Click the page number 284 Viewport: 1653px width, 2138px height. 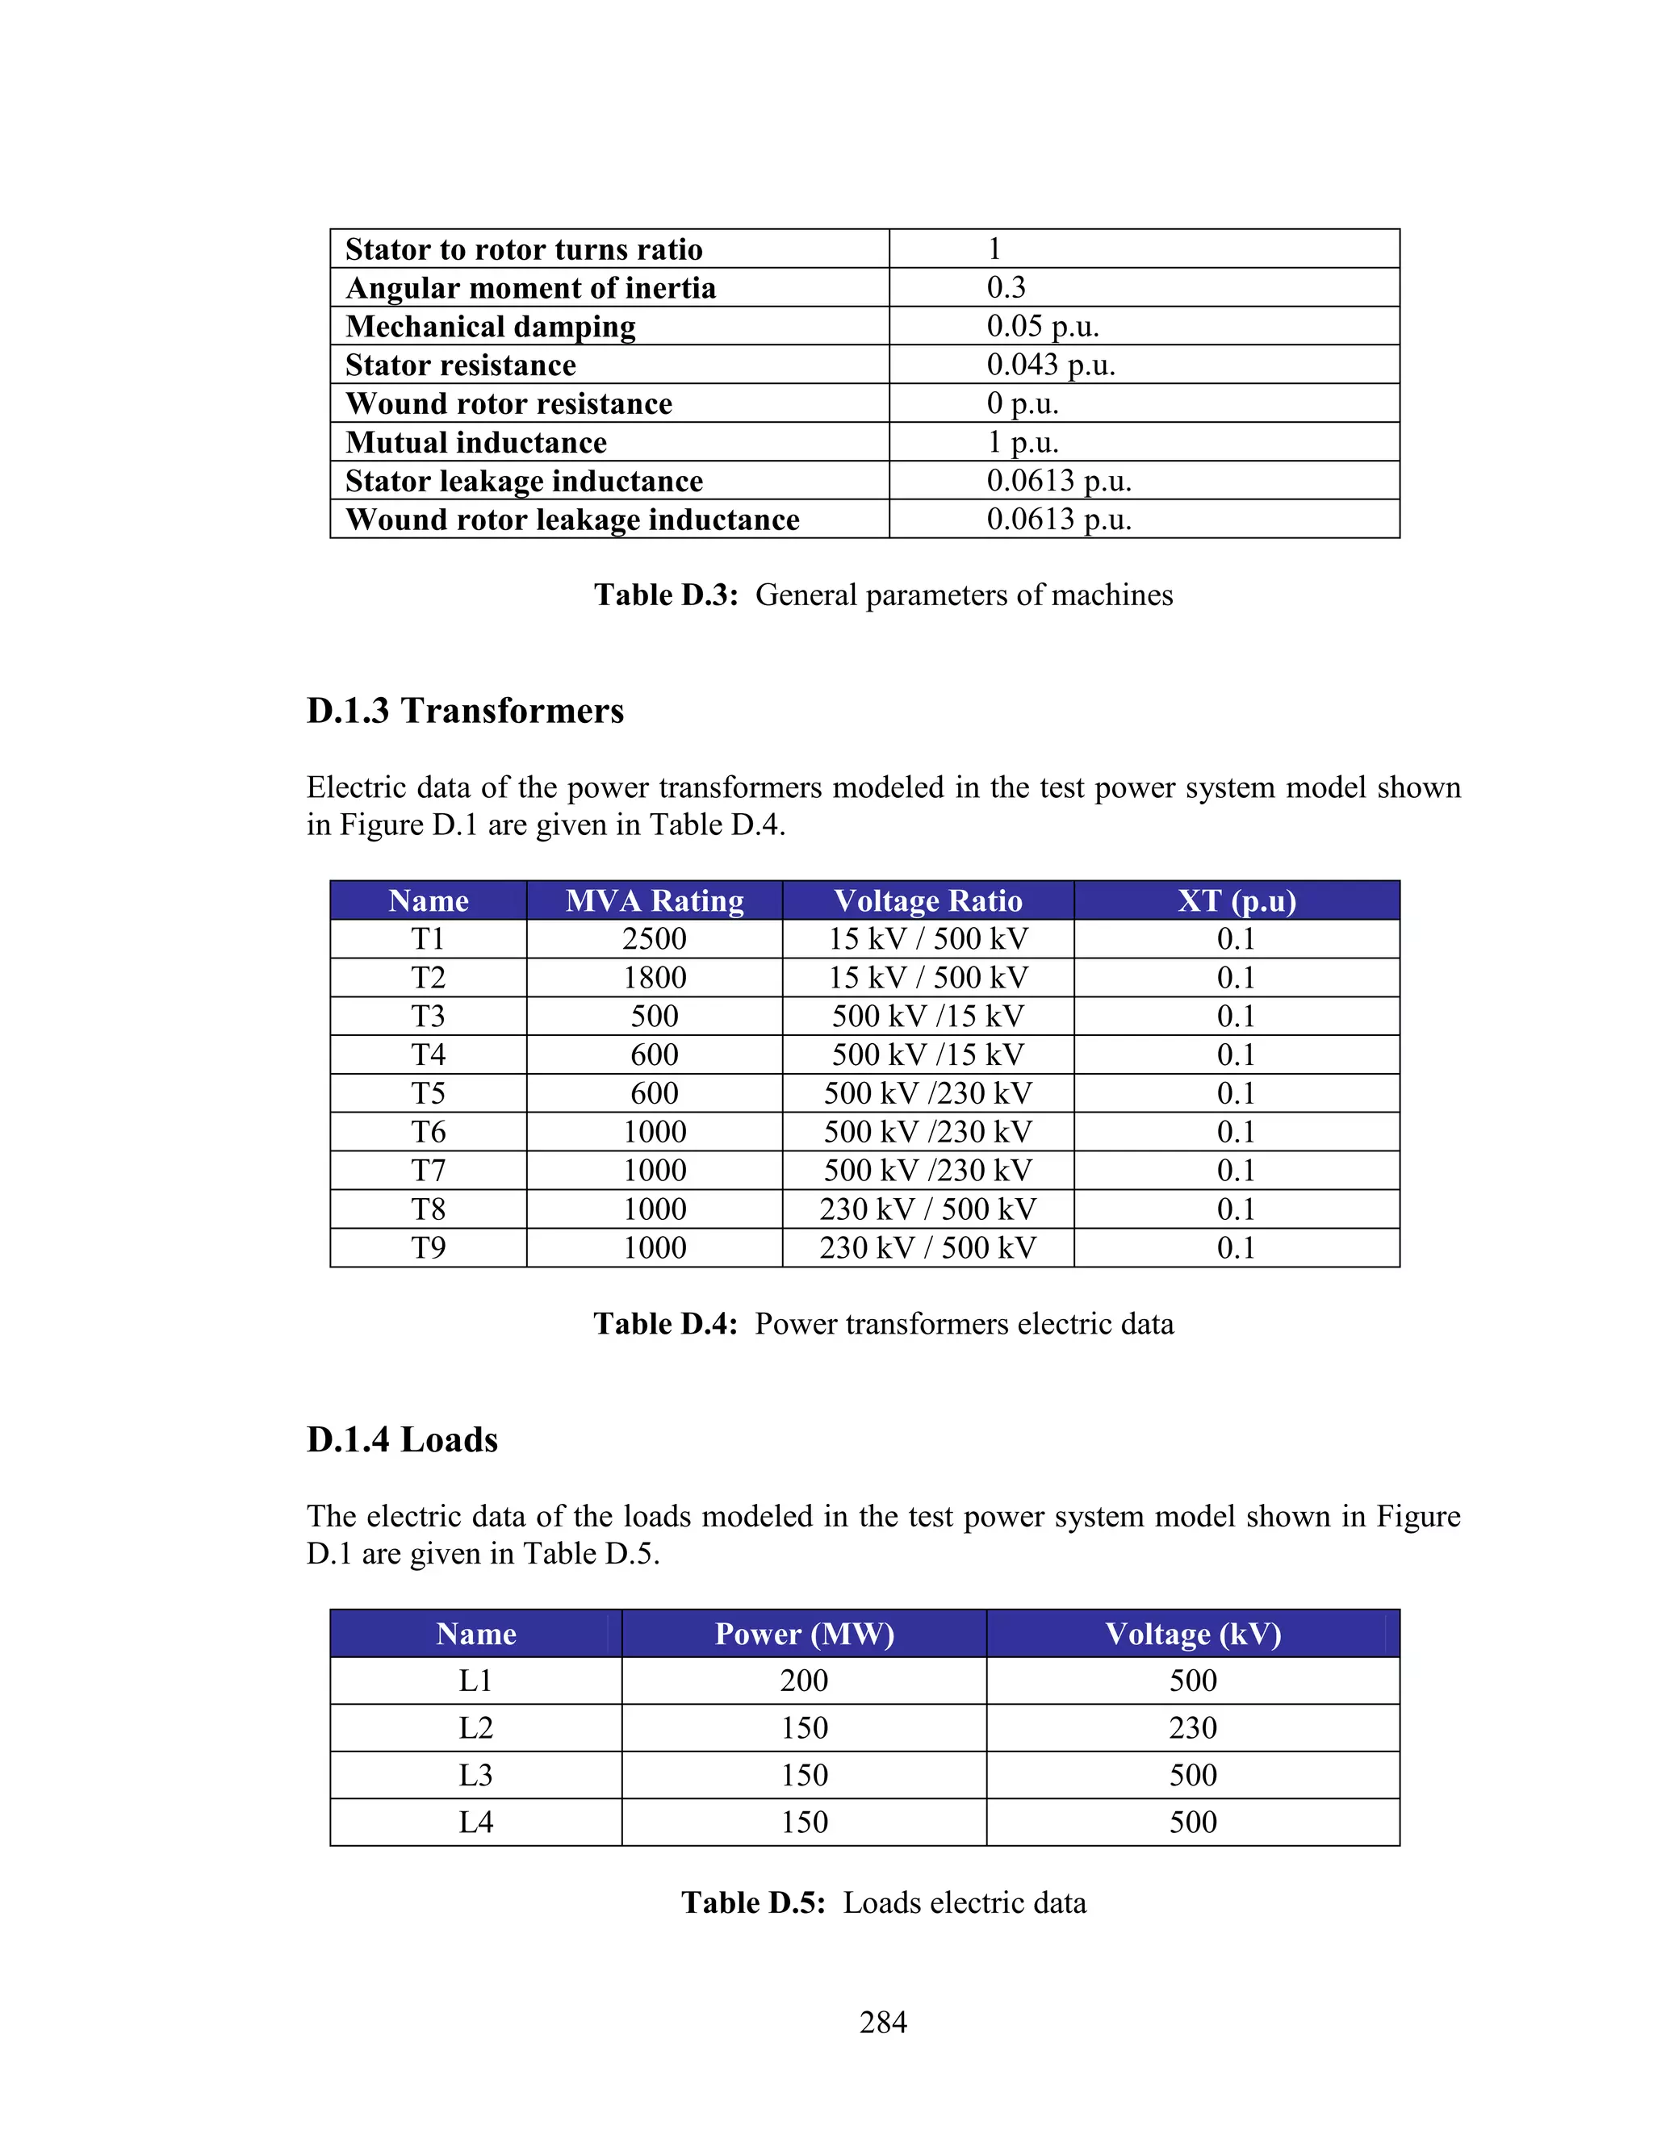click(882, 2022)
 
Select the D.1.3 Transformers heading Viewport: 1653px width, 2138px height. click(465, 711)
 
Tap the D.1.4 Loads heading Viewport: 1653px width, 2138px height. click(403, 1440)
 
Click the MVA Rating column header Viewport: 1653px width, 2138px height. click(654, 900)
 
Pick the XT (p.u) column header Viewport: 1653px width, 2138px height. click(1236, 900)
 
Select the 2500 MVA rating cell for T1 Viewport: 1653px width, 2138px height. click(654, 939)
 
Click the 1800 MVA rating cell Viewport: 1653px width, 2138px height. click(654, 977)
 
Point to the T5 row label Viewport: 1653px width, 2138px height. click(428, 1092)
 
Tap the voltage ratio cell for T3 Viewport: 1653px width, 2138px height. click(927, 1016)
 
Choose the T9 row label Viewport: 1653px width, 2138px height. click(428, 1247)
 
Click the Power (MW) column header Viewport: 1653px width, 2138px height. click(804, 1634)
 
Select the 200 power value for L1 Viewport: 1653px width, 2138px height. click(804, 1681)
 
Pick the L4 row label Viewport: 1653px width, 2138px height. click(476, 1822)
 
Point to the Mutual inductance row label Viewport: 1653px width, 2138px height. click(476, 442)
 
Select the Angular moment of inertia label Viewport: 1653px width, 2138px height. click(531, 288)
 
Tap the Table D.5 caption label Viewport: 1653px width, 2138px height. click(753, 1902)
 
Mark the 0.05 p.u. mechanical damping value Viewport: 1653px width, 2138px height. click(1042, 326)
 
